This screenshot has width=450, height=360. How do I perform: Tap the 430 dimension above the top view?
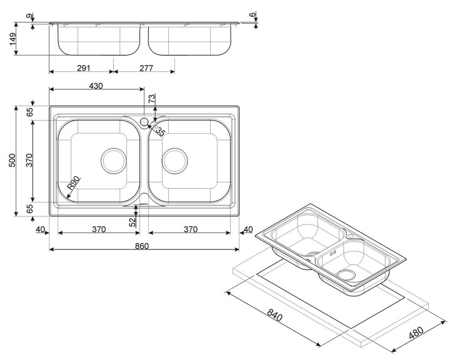pyautogui.click(x=95, y=86)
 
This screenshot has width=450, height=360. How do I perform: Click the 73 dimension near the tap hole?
pyautogui.click(x=151, y=100)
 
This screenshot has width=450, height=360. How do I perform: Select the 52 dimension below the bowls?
pyautogui.click(x=132, y=221)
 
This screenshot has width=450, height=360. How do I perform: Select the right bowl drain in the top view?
pyautogui.click(x=176, y=161)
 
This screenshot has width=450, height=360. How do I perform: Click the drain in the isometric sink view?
pyautogui.click(x=345, y=273)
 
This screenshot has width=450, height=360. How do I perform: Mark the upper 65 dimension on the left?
pyautogui.click(x=29, y=112)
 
